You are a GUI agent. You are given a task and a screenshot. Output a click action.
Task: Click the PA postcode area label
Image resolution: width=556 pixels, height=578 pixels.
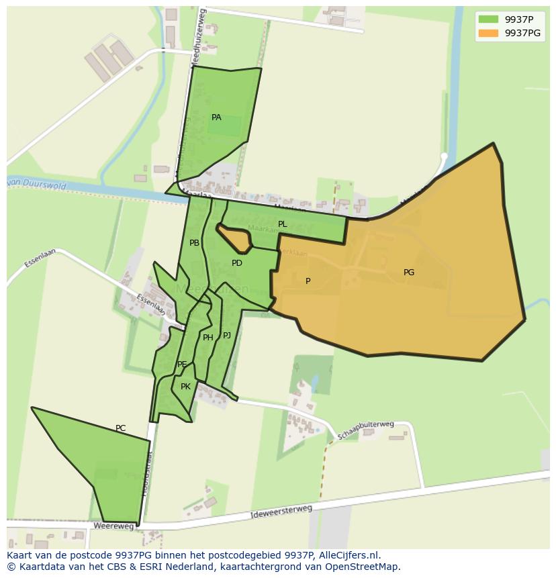pos(216,117)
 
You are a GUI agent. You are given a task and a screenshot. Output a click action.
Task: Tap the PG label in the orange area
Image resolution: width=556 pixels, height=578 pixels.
pos(409,273)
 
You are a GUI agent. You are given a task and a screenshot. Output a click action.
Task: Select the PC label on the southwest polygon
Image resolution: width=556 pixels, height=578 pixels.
pos(120,428)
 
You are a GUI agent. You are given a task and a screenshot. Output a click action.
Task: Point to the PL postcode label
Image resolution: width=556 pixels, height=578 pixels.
pos(283,224)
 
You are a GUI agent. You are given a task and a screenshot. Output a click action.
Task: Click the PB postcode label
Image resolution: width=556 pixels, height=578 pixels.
pos(194,243)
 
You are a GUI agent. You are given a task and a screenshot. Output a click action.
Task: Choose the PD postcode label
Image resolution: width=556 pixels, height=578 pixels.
pos(237,263)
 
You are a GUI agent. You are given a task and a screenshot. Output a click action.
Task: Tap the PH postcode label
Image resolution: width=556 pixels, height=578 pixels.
pos(208,338)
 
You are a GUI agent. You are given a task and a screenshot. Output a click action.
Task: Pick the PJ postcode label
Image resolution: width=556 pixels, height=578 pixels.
pos(227,335)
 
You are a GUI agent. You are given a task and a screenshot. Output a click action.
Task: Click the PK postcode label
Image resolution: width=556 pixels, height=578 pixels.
pos(186,387)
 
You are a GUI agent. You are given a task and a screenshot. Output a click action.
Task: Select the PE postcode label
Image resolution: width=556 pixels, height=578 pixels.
pos(182,365)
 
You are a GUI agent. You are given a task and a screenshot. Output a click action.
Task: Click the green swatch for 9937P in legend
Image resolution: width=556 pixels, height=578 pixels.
pos(489,19)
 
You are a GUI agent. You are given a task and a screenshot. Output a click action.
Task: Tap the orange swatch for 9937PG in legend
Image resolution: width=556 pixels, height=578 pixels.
pos(489,33)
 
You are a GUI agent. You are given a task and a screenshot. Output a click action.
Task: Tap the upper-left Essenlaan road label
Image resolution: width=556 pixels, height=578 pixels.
pos(38,258)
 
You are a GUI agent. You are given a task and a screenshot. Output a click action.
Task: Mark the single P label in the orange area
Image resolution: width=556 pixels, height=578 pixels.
pos(308,281)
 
